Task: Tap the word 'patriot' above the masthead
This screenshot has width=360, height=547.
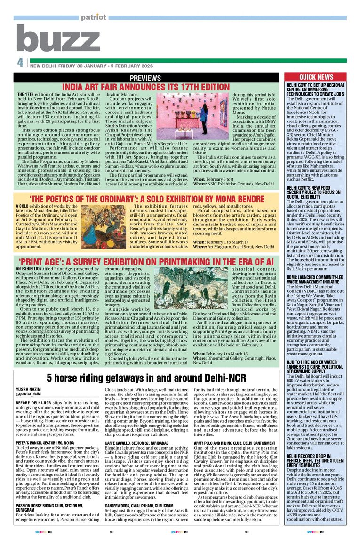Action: [93, 17]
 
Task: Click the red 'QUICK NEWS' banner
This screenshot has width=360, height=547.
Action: [316, 77]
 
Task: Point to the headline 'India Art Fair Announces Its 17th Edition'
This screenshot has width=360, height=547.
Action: [145, 87]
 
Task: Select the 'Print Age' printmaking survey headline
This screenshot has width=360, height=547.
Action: [146, 261]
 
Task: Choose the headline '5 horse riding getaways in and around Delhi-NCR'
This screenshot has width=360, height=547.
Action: [147, 378]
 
